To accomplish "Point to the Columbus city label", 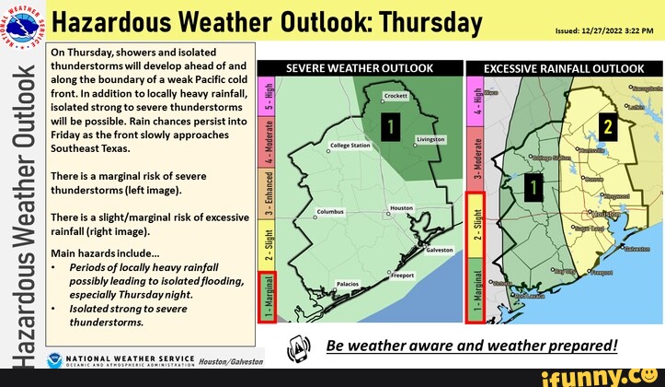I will click(329, 211).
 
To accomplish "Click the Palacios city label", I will click(349, 284).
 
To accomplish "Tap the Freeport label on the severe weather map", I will click(402, 275).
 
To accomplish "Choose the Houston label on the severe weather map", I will click(402, 208).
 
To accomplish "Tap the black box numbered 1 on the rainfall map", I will click(534, 187).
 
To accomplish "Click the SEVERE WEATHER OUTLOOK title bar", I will click(360, 68).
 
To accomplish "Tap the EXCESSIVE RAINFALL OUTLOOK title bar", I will click(564, 68).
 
